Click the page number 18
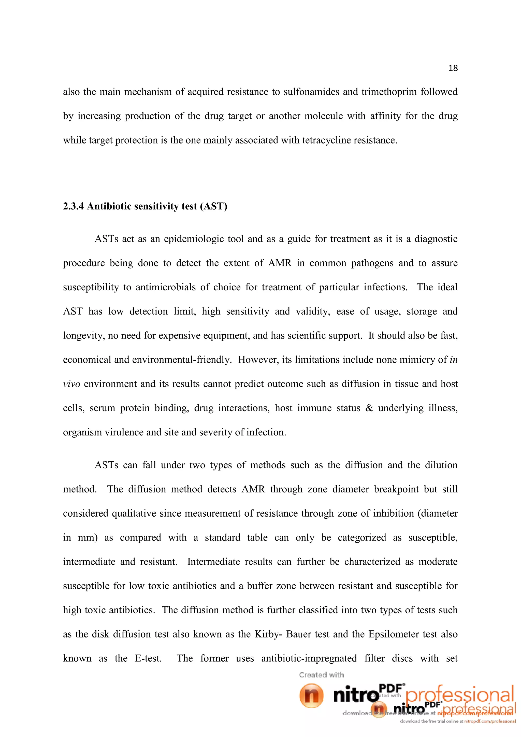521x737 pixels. coord(453,68)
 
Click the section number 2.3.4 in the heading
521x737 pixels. coord(74,206)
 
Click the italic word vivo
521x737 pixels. coord(71,384)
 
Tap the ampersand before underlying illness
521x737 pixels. coord(369,408)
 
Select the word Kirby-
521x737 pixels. coord(268,634)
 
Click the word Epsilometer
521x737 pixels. coord(395,634)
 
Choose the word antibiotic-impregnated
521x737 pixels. coord(309,659)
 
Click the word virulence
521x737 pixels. coord(122,432)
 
